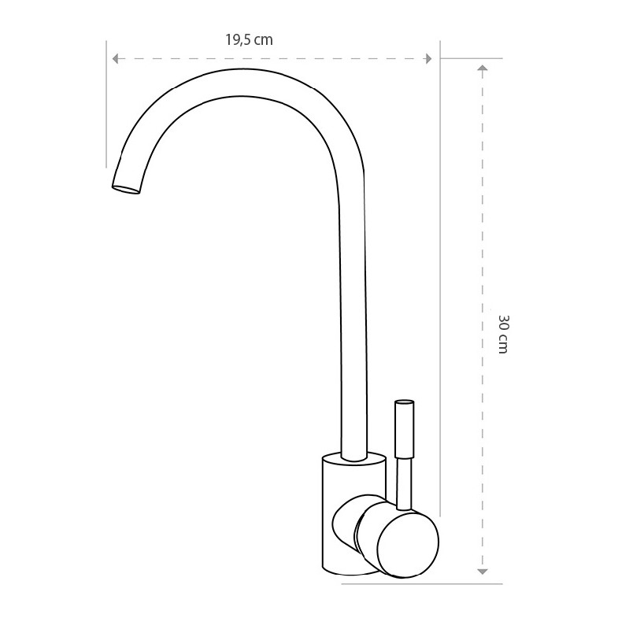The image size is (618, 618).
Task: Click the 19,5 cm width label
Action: (249, 39)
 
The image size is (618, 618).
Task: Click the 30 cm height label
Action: (503, 335)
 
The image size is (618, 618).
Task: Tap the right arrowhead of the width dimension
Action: (427, 59)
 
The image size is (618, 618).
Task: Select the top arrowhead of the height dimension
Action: (483, 68)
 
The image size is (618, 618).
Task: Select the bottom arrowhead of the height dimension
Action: (483, 572)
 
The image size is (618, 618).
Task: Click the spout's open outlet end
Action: (126, 190)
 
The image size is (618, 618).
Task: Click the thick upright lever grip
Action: (405, 429)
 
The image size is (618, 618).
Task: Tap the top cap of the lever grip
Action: (405, 402)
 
